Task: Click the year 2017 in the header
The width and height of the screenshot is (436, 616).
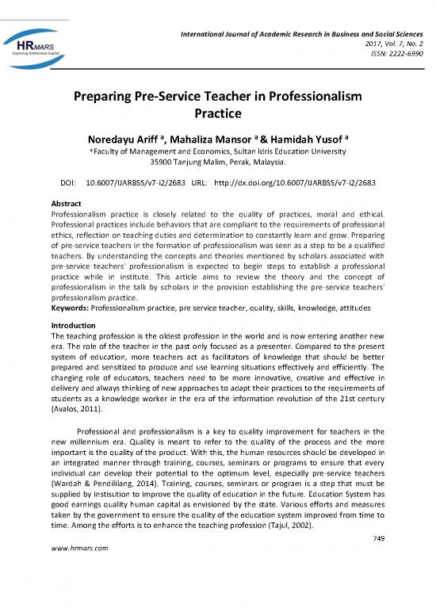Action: click(x=359, y=33)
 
